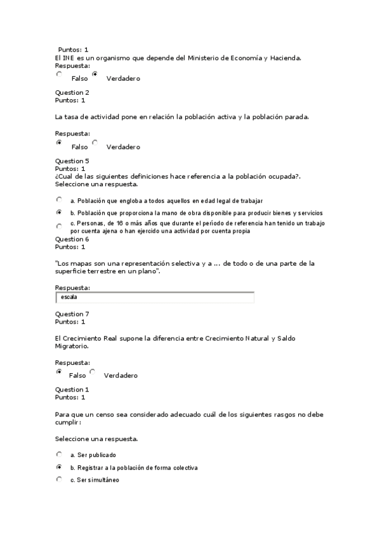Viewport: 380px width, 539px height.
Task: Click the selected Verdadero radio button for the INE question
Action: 95,74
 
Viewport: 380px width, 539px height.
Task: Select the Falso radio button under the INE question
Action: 59,74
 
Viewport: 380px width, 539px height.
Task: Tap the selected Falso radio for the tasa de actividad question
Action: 59,143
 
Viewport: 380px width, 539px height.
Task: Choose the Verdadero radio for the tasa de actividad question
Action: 95,143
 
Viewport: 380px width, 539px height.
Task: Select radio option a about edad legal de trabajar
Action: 59,200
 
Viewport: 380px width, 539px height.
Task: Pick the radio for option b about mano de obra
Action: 59,212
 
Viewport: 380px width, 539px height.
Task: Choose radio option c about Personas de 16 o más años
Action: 59,226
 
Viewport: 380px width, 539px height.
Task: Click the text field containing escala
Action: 155,297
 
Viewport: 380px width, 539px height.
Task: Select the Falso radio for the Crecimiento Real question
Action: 59,372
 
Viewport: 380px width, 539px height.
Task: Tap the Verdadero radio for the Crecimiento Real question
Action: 93,372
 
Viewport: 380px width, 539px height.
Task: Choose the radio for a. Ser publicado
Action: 59,454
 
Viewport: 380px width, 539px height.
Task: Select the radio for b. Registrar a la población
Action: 59,467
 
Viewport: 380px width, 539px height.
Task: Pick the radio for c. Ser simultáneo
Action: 59,479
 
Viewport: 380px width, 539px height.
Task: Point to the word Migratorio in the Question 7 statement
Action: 72,346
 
